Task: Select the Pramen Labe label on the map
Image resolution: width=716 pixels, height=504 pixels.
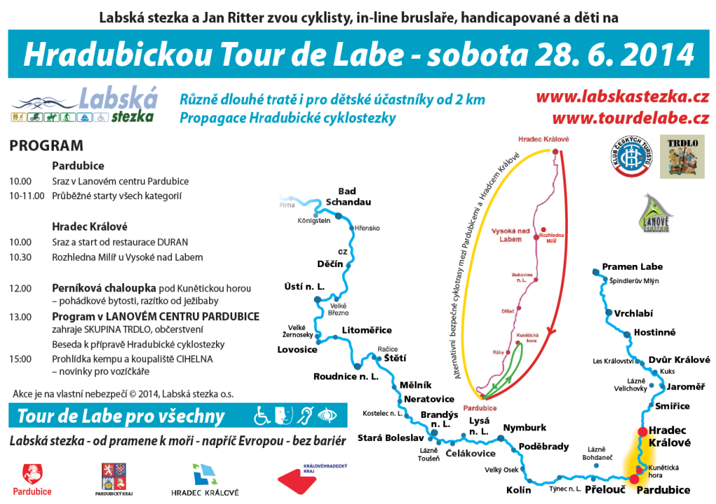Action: pos(632,267)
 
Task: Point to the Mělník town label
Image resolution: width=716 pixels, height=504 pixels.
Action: pos(415,385)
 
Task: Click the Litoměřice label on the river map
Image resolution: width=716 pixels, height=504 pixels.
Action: pos(366,330)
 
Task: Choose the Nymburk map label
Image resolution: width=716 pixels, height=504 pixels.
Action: pos(524,427)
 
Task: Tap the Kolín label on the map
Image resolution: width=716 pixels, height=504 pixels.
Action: pos(518,490)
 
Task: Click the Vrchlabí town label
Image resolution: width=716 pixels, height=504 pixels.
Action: pos(634,312)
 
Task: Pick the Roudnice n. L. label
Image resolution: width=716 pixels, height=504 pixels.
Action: pos(345,375)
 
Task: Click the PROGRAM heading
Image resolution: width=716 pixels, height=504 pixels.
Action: pos(46,146)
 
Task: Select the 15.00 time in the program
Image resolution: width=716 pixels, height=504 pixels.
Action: pos(20,359)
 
